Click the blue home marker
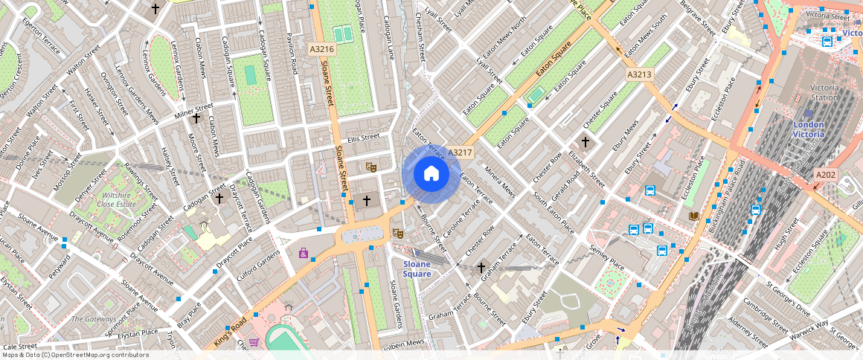pos(431,174)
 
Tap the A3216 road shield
pos(322,49)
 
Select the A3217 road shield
pos(461,152)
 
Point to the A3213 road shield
pos(639,74)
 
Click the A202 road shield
pos(826,175)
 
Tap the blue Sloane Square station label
pos(417,269)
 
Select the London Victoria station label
pos(809,129)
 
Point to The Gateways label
pos(94,318)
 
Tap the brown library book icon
pos(693,216)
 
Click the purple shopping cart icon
pos(254,342)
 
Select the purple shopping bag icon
pos(304,254)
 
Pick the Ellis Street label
pos(363,137)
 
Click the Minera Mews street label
pos(498,181)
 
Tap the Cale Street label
pos(20,347)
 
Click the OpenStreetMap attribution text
pos(74,355)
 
